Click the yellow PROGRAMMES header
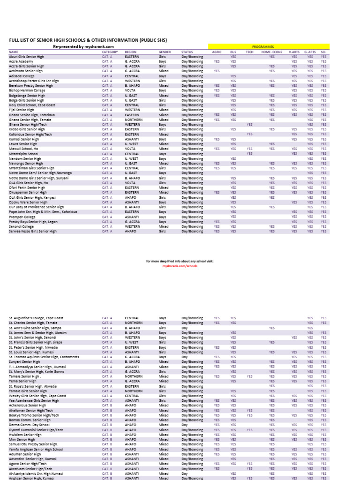(269, 47)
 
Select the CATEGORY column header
(110, 52)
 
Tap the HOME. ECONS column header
(272, 52)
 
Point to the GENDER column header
(164, 52)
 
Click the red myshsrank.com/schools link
(180, 265)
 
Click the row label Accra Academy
(21, 61)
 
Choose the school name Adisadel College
(22, 76)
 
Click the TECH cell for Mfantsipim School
(250, 154)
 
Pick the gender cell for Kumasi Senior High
(162, 139)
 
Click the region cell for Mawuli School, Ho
(131, 149)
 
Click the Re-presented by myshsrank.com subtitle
(83, 46)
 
